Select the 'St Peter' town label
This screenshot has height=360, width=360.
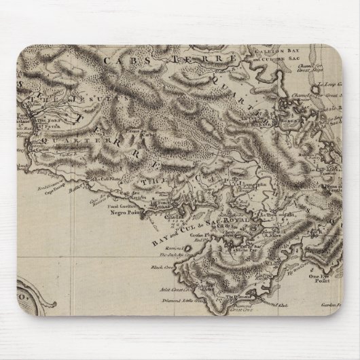48,125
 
